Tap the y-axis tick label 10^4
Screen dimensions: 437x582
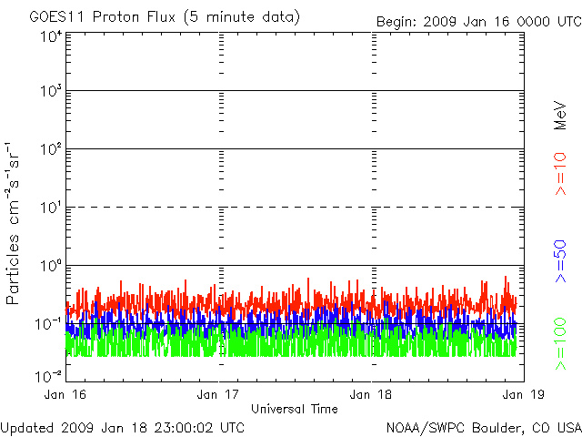coord(50,36)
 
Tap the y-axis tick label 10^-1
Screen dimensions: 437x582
coord(48,323)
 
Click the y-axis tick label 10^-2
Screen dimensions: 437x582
coord(48,376)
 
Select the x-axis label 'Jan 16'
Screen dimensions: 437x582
coord(65,394)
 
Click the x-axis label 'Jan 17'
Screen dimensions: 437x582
coord(218,394)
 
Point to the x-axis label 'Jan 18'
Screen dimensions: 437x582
coord(371,394)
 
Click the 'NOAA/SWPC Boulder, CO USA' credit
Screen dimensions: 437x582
coord(483,427)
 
